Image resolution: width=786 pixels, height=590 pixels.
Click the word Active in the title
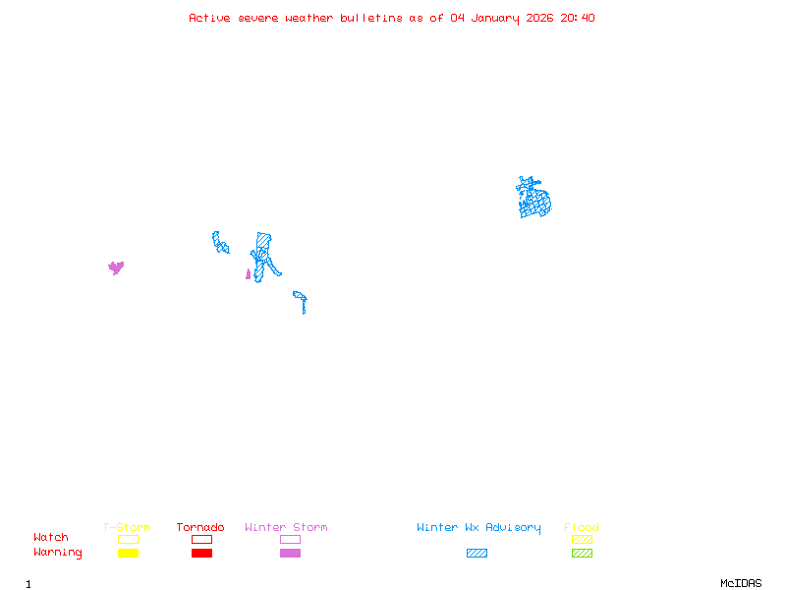point(209,18)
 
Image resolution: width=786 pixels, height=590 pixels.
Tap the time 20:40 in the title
point(577,18)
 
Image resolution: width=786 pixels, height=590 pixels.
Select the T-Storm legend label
point(127,528)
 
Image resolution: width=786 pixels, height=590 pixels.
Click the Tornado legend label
point(200,528)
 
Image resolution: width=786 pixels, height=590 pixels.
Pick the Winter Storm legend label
point(286,528)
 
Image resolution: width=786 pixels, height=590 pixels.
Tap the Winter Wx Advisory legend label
point(478,528)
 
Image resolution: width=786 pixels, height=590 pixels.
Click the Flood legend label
point(582,528)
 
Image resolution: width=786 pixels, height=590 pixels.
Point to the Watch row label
point(51,538)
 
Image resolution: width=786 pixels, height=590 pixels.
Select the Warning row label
point(58,553)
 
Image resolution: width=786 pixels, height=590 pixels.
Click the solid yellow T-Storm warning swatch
point(128,554)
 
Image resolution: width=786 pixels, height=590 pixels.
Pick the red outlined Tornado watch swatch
point(201,539)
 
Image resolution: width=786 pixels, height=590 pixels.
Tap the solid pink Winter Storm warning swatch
point(290,554)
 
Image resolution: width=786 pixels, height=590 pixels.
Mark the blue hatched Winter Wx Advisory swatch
point(477,554)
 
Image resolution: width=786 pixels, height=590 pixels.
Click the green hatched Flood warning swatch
point(582,554)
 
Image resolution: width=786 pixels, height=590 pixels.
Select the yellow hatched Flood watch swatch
point(582,539)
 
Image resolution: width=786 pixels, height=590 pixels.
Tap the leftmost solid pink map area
point(116,266)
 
